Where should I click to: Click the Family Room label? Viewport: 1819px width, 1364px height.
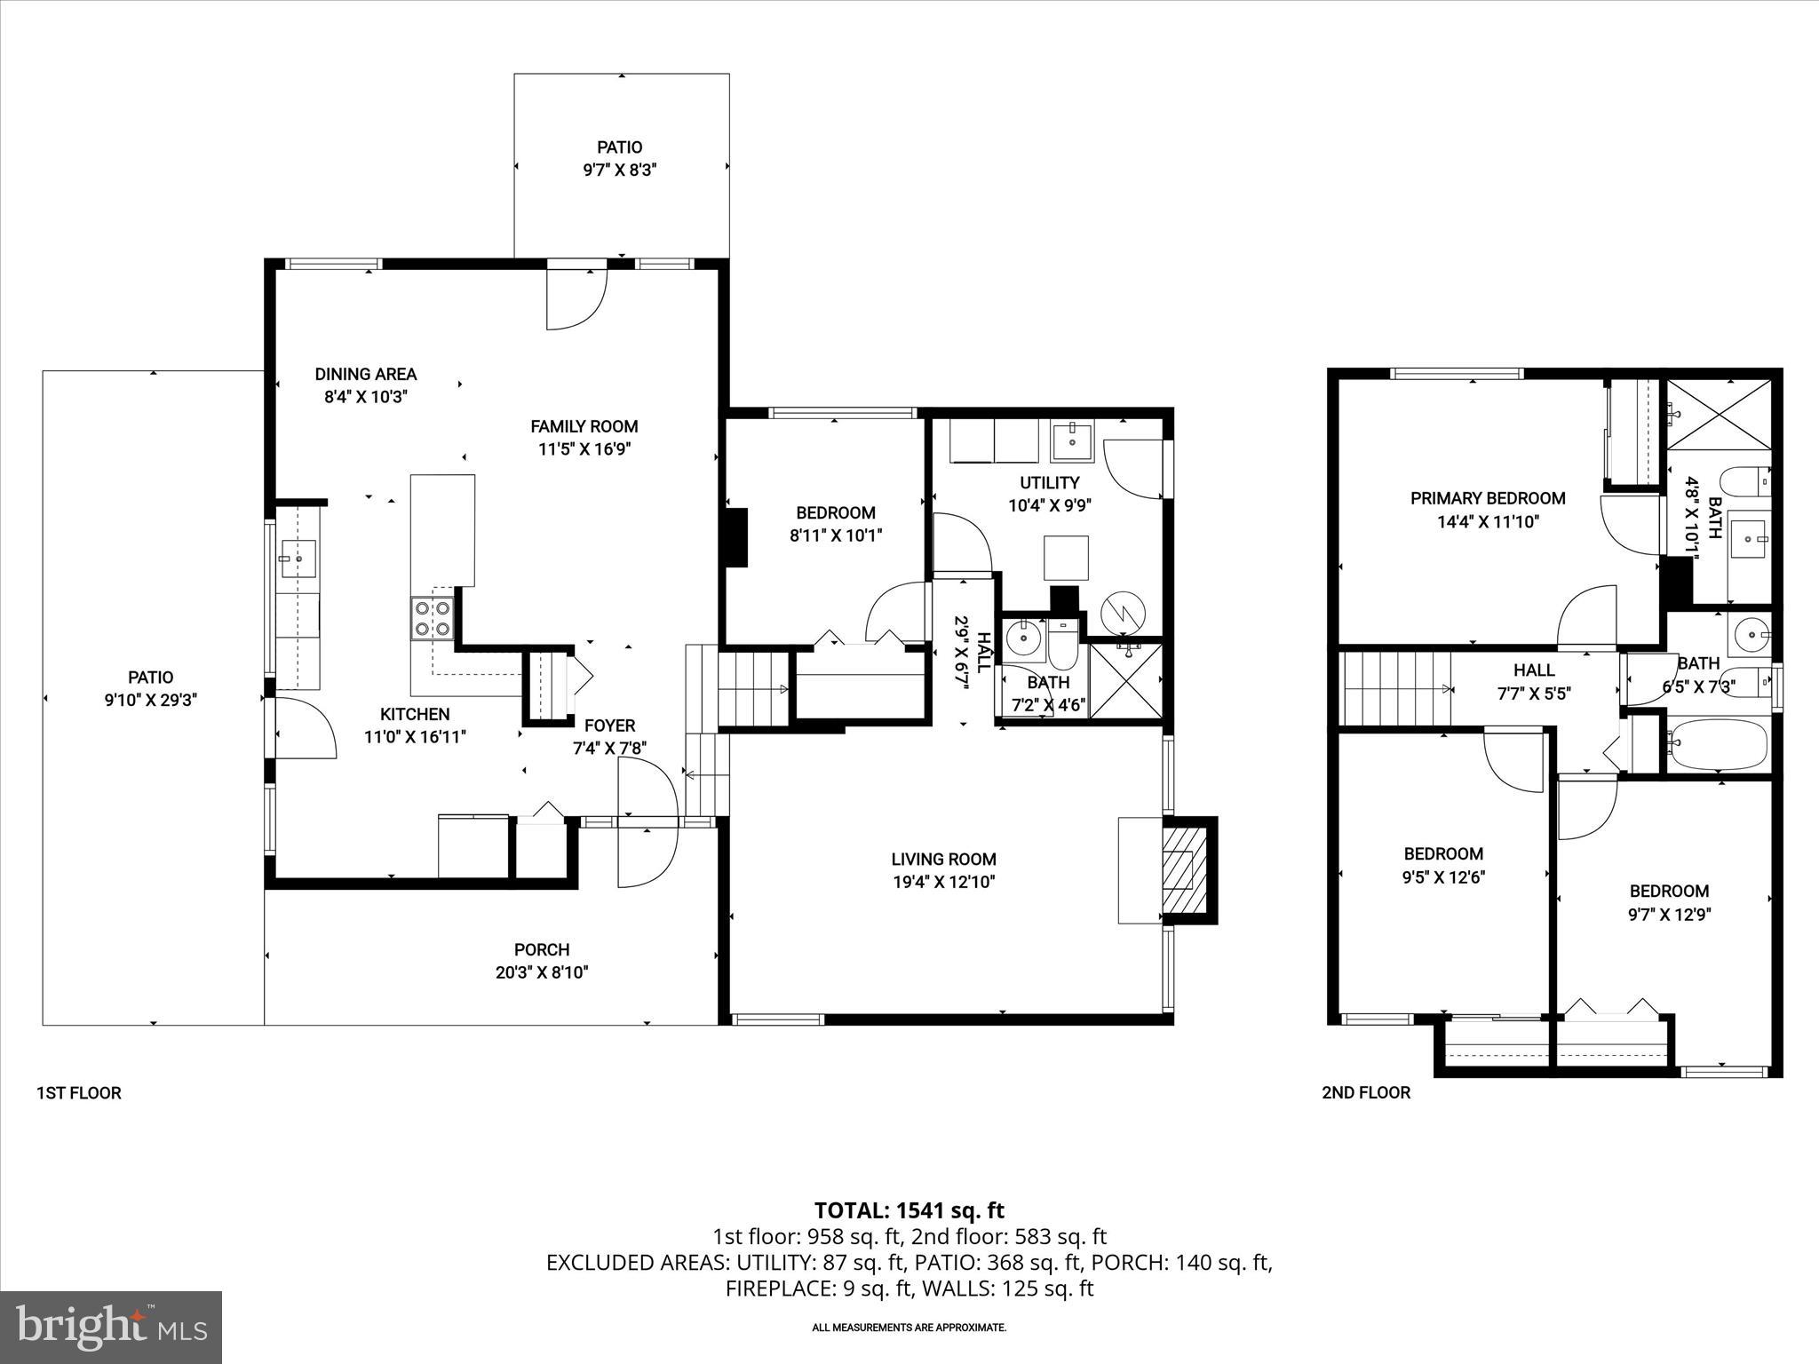(584, 426)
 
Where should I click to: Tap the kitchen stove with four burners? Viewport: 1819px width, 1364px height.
(433, 618)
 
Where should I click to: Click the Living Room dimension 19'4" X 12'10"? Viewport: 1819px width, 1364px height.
(943, 882)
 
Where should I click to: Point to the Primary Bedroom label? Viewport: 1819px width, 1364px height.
(1488, 498)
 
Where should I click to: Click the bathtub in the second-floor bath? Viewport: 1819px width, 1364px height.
(1719, 743)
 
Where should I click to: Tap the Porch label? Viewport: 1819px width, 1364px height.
(542, 949)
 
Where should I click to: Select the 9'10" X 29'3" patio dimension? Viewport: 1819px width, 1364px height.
(151, 700)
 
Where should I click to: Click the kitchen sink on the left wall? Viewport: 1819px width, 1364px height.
(298, 559)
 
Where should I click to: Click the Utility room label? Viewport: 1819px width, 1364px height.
(1049, 483)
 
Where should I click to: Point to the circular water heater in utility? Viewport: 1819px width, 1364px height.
(1124, 613)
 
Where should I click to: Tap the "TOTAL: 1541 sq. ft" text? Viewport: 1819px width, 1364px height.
(909, 1210)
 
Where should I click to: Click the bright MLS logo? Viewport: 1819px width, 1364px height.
(111, 1327)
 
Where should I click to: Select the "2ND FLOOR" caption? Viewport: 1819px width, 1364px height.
(1365, 1092)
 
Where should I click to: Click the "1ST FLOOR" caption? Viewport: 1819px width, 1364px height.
(78, 1092)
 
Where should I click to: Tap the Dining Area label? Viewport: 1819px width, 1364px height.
(365, 374)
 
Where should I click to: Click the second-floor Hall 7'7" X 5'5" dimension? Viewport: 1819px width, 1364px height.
(1534, 694)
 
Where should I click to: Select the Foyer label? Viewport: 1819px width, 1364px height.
(609, 726)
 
